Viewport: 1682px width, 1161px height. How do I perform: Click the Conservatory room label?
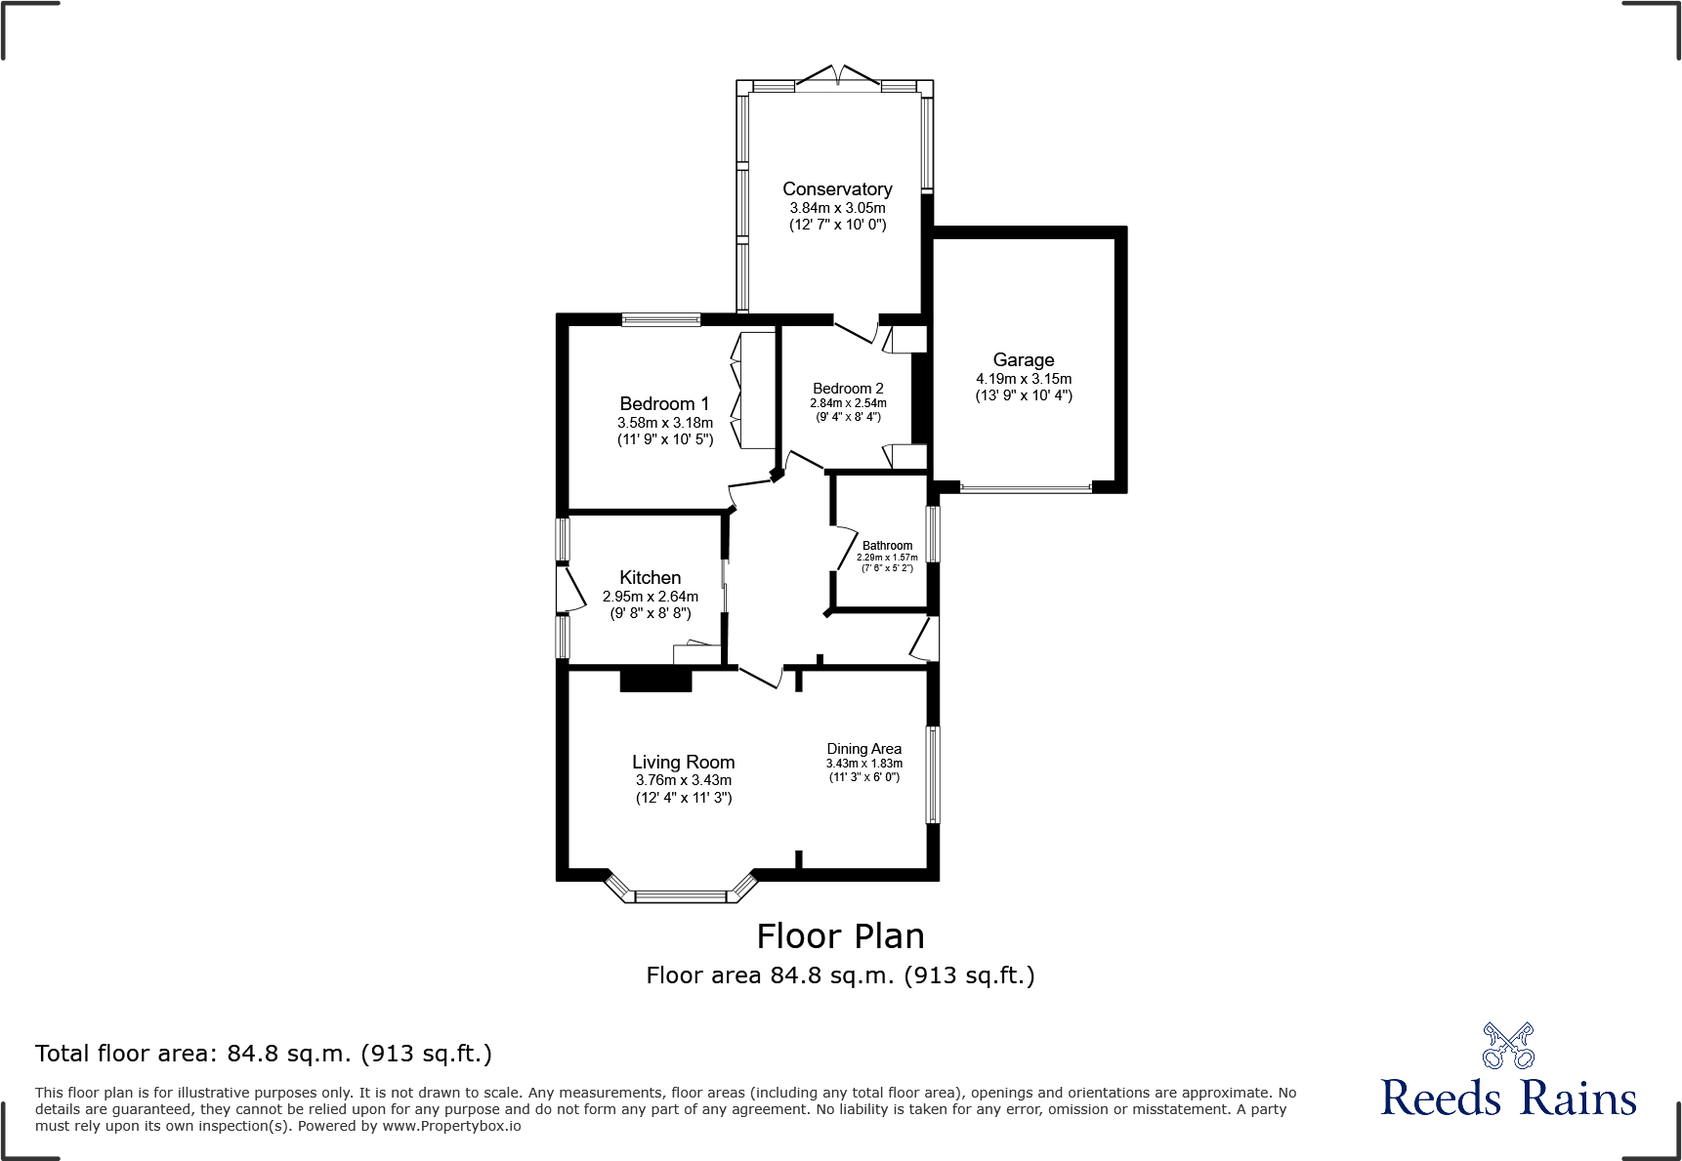click(837, 189)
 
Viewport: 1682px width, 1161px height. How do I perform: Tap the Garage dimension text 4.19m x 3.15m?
click(1023, 379)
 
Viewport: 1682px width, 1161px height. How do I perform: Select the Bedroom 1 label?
click(664, 404)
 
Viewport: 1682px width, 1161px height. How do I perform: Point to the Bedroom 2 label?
click(848, 389)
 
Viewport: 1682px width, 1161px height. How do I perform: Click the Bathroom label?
click(887, 546)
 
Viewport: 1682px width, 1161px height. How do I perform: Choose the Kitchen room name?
click(650, 578)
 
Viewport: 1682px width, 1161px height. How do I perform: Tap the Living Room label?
click(683, 763)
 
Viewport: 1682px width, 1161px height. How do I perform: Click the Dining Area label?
click(863, 749)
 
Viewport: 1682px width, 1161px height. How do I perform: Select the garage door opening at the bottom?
click(1025, 487)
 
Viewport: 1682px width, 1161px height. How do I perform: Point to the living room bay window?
click(681, 894)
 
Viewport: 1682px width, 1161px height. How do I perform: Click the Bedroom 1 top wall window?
click(661, 319)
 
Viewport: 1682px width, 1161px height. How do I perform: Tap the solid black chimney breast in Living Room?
click(655, 680)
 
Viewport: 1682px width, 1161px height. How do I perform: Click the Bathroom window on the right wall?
click(933, 533)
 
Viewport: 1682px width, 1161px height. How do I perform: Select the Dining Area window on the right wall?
click(933, 774)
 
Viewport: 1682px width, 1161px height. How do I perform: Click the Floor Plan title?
click(840, 936)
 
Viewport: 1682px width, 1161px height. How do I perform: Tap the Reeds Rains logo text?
click(1507, 1099)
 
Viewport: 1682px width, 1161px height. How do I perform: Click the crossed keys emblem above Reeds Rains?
click(1507, 1046)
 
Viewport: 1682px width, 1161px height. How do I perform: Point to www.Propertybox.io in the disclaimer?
click(450, 1126)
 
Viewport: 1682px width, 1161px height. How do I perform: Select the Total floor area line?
click(264, 1054)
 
